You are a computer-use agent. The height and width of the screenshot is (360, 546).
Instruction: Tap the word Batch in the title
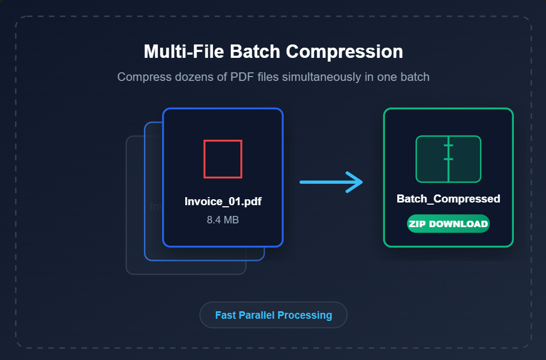click(x=255, y=51)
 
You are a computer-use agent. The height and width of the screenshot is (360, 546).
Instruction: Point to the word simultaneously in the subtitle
click(x=321, y=77)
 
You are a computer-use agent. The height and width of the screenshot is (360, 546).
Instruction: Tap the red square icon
click(x=223, y=159)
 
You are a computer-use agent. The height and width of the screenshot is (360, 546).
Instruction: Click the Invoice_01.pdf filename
click(x=223, y=201)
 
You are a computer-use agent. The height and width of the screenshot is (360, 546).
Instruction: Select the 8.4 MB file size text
click(x=223, y=220)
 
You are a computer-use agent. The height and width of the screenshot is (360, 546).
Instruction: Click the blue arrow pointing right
click(x=331, y=182)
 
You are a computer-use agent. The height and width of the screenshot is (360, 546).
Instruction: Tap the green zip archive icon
click(x=449, y=159)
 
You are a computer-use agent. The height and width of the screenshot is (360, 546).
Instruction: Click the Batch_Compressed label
click(x=449, y=199)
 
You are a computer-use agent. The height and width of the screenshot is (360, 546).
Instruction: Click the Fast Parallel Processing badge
click(x=274, y=314)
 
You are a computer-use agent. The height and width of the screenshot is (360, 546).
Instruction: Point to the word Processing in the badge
click(x=305, y=316)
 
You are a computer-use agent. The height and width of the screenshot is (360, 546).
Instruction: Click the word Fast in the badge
click(x=226, y=315)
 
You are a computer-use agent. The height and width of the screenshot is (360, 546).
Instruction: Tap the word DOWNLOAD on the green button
click(x=458, y=224)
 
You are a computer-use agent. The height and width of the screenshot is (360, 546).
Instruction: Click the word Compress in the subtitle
click(x=144, y=77)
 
